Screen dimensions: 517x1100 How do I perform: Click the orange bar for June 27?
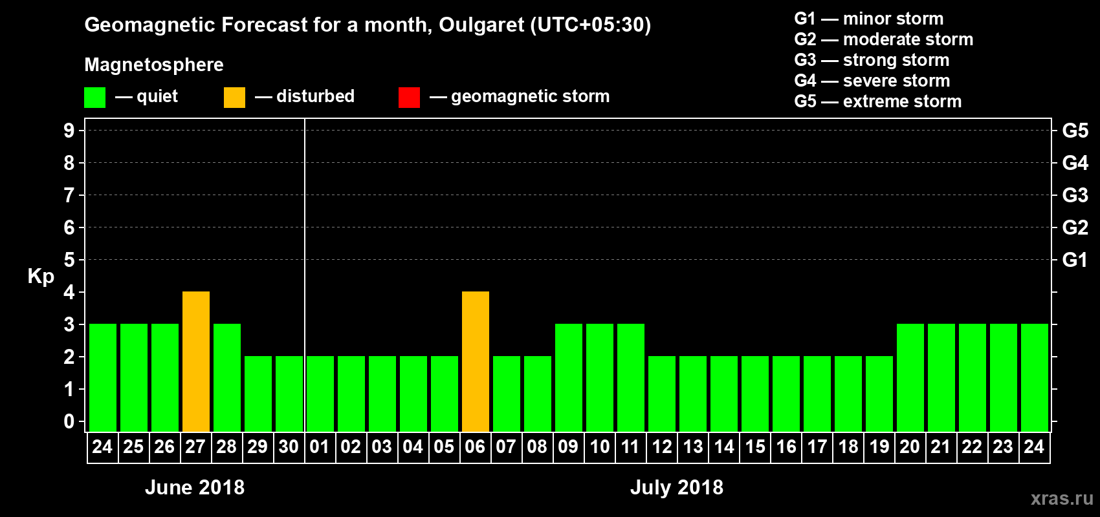tap(196, 362)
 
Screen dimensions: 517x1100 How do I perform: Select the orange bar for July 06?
tap(476, 362)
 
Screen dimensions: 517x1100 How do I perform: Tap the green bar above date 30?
tap(289, 394)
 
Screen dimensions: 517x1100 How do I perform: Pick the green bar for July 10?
tap(600, 378)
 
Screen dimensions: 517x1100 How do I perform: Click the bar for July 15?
tap(755, 394)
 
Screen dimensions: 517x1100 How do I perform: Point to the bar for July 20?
tap(910, 378)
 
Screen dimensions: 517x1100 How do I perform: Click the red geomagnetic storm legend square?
tap(409, 98)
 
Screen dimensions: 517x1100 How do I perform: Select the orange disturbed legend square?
tap(234, 98)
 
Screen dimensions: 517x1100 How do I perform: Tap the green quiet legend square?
tap(94, 98)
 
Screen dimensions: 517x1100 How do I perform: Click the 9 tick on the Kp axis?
tap(69, 131)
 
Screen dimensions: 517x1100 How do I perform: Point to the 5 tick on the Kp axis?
tap(69, 260)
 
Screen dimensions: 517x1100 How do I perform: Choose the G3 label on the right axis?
tap(1075, 195)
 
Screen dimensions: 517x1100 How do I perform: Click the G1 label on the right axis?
tap(1075, 260)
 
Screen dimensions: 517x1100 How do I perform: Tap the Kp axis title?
tap(41, 276)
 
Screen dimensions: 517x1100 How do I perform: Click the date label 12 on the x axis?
tap(662, 447)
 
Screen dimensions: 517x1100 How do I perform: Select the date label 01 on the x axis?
tap(320, 447)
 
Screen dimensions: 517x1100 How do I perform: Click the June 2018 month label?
tap(195, 487)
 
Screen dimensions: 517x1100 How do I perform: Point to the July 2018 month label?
tap(677, 487)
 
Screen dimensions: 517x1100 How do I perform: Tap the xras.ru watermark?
tap(1062, 498)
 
